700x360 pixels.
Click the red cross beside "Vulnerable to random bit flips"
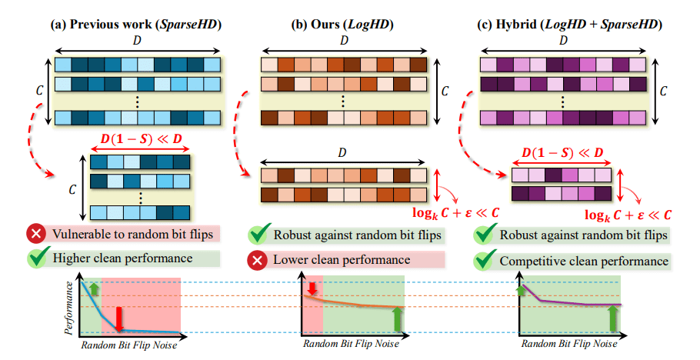click(x=35, y=233)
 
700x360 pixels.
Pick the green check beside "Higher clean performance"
click(x=35, y=258)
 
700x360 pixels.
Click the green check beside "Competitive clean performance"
click(x=485, y=261)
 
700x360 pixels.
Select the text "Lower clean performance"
click(x=341, y=260)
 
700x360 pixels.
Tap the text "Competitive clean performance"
click(x=584, y=262)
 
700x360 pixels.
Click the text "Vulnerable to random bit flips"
click(x=128, y=233)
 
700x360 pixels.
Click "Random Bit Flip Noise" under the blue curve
click(x=128, y=345)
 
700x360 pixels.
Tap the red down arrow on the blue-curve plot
click(x=119, y=318)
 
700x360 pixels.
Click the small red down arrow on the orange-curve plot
click(x=312, y=289)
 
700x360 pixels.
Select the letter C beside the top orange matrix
click(x=444, y=91)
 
